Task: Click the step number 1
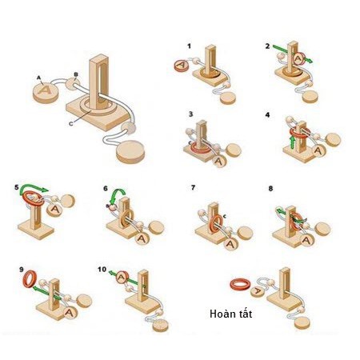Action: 189,46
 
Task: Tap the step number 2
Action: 268,46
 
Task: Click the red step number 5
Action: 17,187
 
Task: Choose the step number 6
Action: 105,188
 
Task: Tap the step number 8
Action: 271,188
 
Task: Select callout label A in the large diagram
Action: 38,77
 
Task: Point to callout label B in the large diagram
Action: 75,74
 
